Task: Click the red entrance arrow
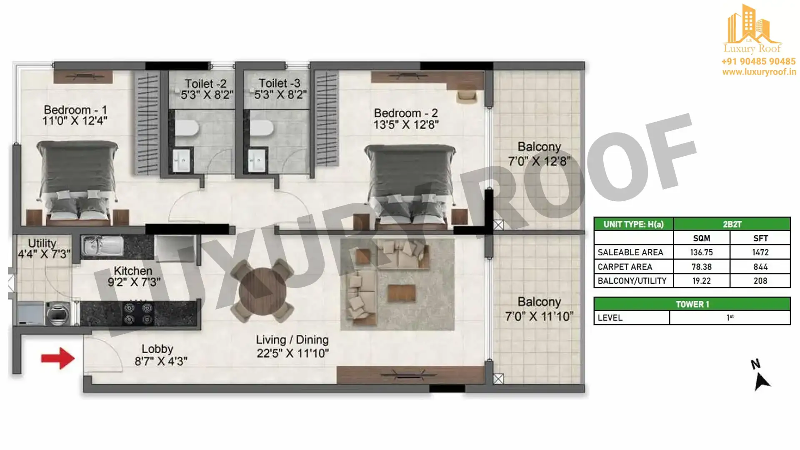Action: tap(58, 358)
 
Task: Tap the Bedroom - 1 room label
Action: tap(75, 110)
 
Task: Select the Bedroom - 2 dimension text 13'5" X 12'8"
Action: tap(406, 124)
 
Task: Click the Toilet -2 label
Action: tap(205, 84)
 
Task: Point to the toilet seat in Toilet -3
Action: tap(261, 128)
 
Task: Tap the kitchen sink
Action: tap(102, 246)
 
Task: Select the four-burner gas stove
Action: tap(138, 314)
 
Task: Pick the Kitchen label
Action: tap(133, 271)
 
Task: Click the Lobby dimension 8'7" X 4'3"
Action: tap(161, 361)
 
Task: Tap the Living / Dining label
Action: tap(292, 340)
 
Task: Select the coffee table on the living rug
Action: tap(402, 293)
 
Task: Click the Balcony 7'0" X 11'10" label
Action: tap(539, 309)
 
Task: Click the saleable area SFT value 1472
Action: tap(760, 252)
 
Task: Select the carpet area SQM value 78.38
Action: tap(702, 267)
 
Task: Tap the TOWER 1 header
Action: tap(692, 304)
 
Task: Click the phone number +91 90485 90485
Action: tap(758, 61)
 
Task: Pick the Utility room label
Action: tap(42, 243)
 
